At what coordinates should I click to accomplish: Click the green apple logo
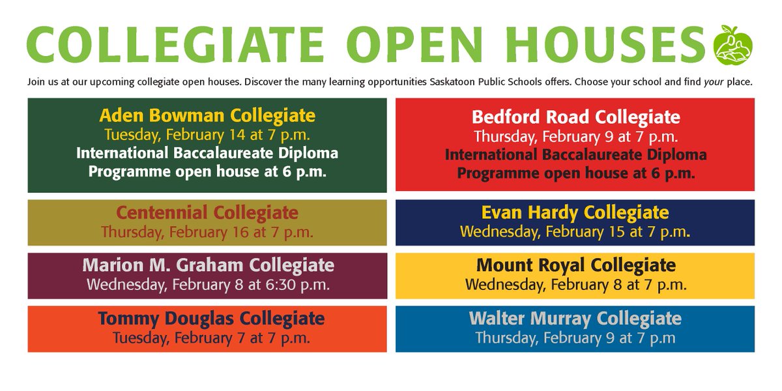point(733,45)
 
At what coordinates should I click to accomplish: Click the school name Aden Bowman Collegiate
point(207,117)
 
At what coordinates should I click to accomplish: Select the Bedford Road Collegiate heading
point(575,118)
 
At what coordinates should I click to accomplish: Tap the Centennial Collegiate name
point(207,212)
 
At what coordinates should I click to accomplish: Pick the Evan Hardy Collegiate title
point(575,212)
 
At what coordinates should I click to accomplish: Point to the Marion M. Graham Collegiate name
point(208,266)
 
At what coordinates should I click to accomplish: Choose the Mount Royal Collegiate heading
point(575,266)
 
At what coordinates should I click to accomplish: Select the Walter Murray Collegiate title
point(575,319)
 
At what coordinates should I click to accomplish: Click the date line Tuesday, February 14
point(207,136)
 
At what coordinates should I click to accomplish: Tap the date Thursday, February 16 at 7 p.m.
point(207,231)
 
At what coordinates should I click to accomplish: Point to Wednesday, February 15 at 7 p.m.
point(575,231)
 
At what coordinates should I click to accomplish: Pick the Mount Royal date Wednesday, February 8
point(575,285)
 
